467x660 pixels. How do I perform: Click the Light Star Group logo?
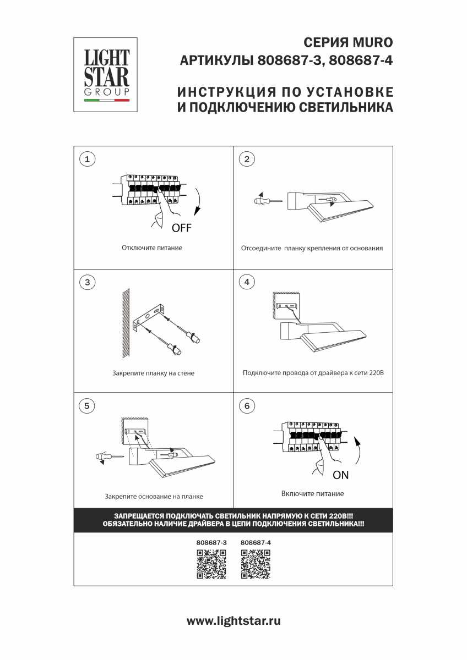click(x=106, y=75)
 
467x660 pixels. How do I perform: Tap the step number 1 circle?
click(x=87, y=159)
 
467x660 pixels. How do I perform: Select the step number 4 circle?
click(x=247, y=282)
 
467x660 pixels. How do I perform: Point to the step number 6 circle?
click(x=247, y=406)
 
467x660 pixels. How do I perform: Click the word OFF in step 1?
click(x=181, y=228)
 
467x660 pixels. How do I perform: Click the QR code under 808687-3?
click(x=211, y=564)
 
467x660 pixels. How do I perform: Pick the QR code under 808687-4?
click(x=256, y=564)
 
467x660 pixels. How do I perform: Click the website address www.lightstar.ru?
click(x=233, y=621)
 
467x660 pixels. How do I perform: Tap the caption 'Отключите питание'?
click(x=152, y=248)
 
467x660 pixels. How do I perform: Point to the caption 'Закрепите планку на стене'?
click(x=153, y=373)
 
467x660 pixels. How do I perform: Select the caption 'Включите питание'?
click(x=312, y=493)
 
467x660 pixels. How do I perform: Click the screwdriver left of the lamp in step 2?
click(x=267, y=201)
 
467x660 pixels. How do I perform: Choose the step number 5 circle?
click(x=87, y=406)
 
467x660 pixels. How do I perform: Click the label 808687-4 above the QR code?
click(x=256, y=542)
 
